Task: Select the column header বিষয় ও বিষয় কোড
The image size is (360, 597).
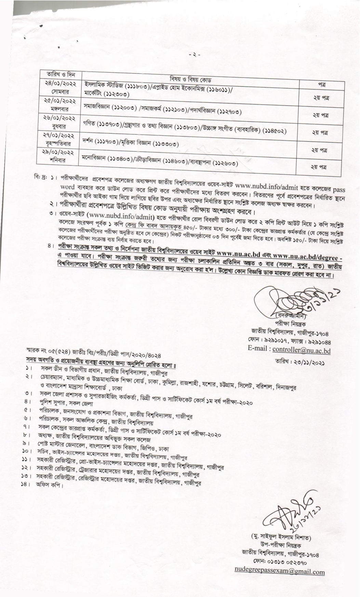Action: [x=191, y=80]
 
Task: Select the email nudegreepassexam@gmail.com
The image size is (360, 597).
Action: [x=279, y=571]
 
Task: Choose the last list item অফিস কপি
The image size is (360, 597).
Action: [x=50, y=485]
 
